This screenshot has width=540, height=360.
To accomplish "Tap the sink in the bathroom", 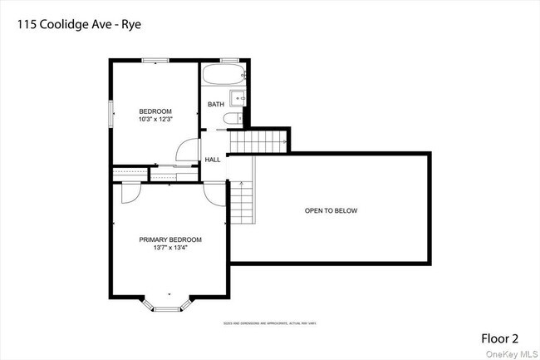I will (238, 99).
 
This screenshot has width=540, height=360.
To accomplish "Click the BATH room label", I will (216, 104).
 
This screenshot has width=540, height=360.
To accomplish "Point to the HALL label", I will (213, 159).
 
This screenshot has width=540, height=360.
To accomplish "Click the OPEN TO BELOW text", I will (331, 210).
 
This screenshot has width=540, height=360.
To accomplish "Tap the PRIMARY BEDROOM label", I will (170, 239).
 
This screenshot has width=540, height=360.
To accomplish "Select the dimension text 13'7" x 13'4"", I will (170, 248).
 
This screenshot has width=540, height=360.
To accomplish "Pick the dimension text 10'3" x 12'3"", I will (155, 120).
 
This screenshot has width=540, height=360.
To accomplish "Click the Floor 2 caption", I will (500, 338).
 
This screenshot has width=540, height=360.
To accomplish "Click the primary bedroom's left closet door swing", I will (130, 192).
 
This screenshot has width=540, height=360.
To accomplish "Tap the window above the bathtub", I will (229, 60).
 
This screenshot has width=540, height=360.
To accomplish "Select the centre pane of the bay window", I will (169, 308).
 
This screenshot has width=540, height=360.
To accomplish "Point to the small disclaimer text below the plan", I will (268, 323).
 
